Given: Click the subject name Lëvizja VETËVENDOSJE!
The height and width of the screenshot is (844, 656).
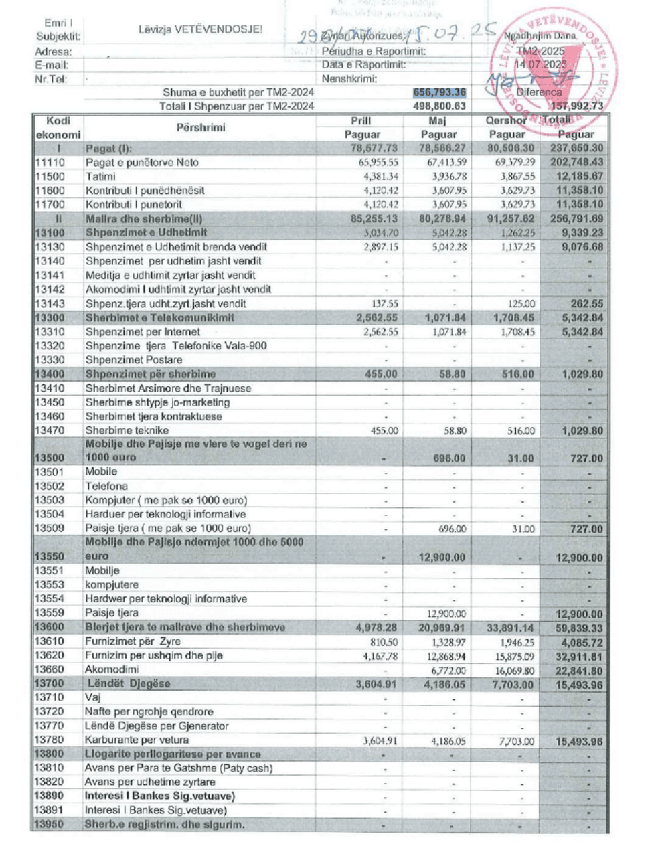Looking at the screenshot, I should click(x=201, y=30).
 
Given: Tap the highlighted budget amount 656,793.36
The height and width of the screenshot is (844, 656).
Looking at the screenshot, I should click(x=439, y=92).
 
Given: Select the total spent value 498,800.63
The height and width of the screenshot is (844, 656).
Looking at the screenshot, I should click(x=439, y=106).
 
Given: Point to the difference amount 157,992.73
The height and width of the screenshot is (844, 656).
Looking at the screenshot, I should click(x=576, y=106).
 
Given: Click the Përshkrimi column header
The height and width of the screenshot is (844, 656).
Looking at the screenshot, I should click(x=201, y=127).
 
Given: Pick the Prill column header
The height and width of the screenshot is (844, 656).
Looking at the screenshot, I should click(x=361, y=121).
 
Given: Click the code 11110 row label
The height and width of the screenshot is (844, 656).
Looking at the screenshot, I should click(x=50, y=163).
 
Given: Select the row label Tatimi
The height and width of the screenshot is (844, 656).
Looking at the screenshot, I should click(x=100, y=177).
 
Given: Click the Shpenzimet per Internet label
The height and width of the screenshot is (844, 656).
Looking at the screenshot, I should click(x=143, y=332).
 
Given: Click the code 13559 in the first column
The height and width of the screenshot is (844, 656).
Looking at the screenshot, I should click(x=50, y=613).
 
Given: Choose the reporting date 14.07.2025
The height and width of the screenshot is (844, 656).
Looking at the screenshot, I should click(x=540, y=65).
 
